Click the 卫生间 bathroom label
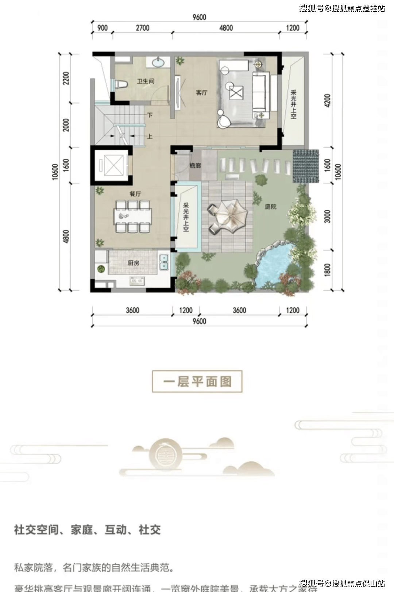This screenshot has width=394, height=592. point(146,81)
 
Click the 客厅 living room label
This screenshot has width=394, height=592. point(201,93)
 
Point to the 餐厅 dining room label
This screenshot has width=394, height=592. point(135,194)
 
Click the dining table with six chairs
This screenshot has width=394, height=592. point(132,216)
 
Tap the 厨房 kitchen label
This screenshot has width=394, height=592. point(133,263)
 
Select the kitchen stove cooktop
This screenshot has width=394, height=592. point(137,281)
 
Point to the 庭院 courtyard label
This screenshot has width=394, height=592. point(270,207)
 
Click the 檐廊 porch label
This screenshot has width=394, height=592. point(195,166)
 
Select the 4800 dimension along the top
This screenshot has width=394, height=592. point(226,28)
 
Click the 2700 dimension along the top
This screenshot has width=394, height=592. point(142,28)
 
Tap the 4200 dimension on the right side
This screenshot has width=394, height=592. point(327,100)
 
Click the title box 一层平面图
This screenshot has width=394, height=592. point(197,381)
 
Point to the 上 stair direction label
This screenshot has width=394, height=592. point(150,137)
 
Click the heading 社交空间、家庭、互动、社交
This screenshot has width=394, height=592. point(88,530)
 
